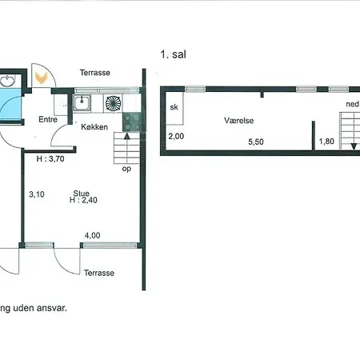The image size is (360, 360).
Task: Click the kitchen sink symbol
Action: [82, 103]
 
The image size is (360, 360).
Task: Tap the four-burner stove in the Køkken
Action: [132, 122]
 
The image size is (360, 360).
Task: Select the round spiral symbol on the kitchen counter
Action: [113, 103]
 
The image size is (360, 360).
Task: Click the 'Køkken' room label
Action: [94, 127]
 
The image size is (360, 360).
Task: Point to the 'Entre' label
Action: [48, 119]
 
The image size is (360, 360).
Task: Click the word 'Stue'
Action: [82, 193]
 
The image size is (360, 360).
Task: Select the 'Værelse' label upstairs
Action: [238, 121]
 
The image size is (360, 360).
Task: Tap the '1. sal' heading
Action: [173, 54]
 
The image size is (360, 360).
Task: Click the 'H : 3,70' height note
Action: [50, 159]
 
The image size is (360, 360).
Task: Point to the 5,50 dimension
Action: [256, 142]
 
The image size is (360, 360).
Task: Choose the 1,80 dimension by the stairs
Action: [326, 141]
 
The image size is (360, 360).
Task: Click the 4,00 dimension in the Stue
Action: [92, 235]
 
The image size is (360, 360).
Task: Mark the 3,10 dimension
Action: [37, 194]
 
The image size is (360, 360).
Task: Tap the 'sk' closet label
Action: [174, 107]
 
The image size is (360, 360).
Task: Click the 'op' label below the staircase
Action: [126, 169]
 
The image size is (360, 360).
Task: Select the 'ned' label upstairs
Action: [352, 104]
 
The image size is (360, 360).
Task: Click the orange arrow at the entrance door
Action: [42, 78]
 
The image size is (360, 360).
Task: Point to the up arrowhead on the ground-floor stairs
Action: [127, 136]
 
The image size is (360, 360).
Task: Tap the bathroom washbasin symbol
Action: [7, 81]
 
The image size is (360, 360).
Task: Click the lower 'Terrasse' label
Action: [99, 273]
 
